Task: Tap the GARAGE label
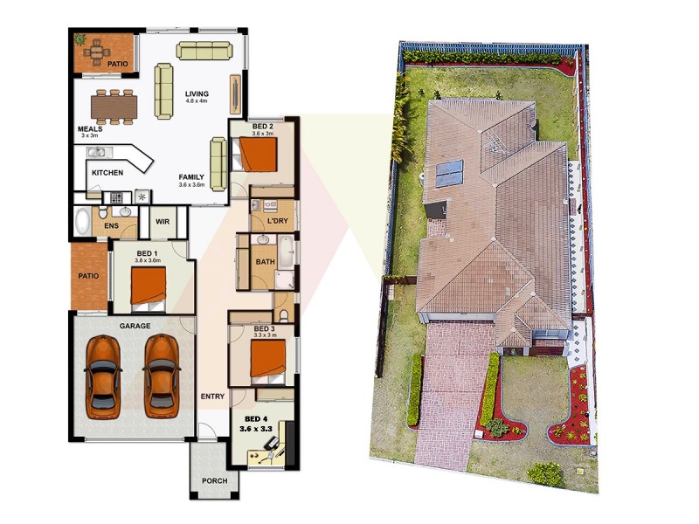(x=135, y=326)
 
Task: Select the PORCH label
(x=214, y=481)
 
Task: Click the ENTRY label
(x=212, y=396)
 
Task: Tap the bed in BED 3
(x=266, y=358)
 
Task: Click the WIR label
(x=163, y=221)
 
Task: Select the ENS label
(x=111, y=227)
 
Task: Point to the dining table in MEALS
(x=114, y=107)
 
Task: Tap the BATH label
(x=265, y=262)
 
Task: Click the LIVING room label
(x=196, y=94)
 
